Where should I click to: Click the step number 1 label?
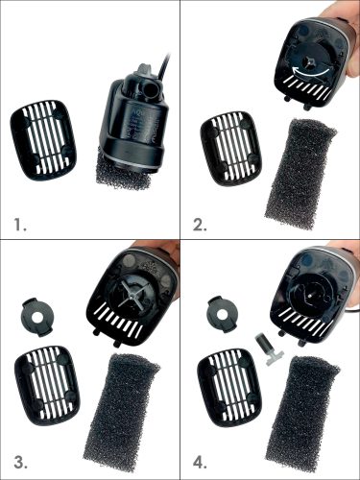click(x=20, y=225)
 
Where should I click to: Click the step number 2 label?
click(x=200, y=225)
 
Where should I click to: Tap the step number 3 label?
click(x=20, y=463)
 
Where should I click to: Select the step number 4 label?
click(x=200, y=463)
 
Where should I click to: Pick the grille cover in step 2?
click(x=231, y=149)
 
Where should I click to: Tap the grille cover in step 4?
click(x=229, y=386)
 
